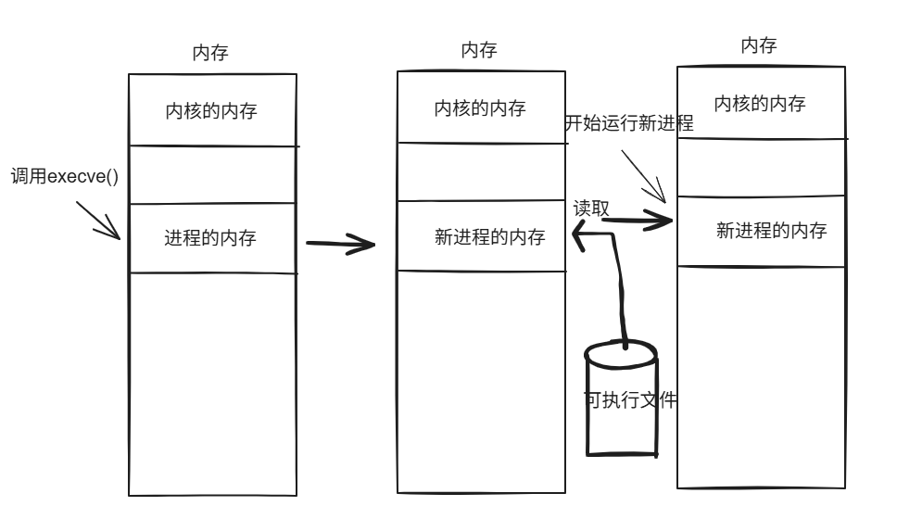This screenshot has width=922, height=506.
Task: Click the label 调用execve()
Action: (65, 176)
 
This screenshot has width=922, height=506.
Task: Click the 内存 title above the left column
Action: (209, 54)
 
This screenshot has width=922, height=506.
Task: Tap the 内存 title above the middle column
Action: (479, 50)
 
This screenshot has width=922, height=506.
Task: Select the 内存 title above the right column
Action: (759, 45)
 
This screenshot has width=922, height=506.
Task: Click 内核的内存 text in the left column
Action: (211, 111)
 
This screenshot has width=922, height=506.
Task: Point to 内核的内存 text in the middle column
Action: (480, 108)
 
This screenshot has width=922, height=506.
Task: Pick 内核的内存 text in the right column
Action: (759, 104)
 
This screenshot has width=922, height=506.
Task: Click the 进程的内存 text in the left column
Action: (210, 238)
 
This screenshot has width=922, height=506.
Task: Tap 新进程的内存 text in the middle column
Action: (489, 237)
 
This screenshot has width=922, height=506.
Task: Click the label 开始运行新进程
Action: (629, 124)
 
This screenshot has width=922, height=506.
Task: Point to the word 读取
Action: (591, 209)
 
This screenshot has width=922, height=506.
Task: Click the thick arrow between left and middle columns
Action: (339, 246)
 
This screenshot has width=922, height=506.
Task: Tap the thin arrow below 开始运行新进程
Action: (645, 176)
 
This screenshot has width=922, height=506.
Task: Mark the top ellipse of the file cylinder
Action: (621, 352)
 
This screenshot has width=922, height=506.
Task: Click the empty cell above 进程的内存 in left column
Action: (212, 174)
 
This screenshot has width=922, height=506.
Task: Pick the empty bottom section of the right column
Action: (761, 375)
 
